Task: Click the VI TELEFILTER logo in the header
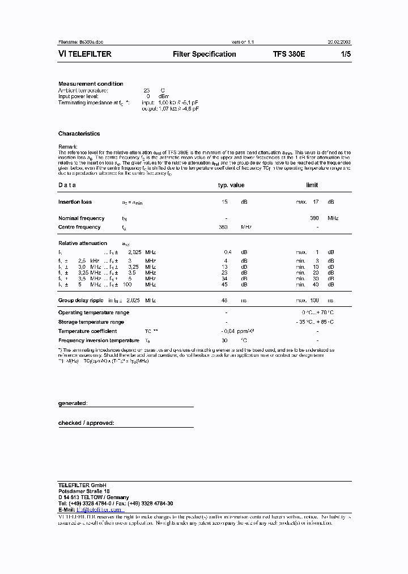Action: (x=85, y=54)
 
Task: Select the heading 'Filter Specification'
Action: (x=204, y=54)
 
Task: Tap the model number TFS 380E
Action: (x=289, y=54)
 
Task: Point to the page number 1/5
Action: (x=345, y=54)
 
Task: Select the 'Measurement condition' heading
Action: (x=91, y=84)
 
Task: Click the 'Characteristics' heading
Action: (x=79, y=134)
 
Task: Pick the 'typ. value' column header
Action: (x=231, y=185)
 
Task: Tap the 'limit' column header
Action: (x=312, y=185)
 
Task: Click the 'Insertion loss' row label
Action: (x=75, y=202)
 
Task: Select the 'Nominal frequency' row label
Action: (x=81, y=218)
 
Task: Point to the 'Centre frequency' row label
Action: (x=79, y=227)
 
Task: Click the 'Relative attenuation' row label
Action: (x=83, y=243)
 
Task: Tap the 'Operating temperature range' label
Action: (x=93, y=313)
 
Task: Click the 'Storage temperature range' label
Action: (x=91, y=322)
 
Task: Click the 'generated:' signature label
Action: (x=73, y=403)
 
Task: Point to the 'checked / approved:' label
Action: (x=86, y=423)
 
